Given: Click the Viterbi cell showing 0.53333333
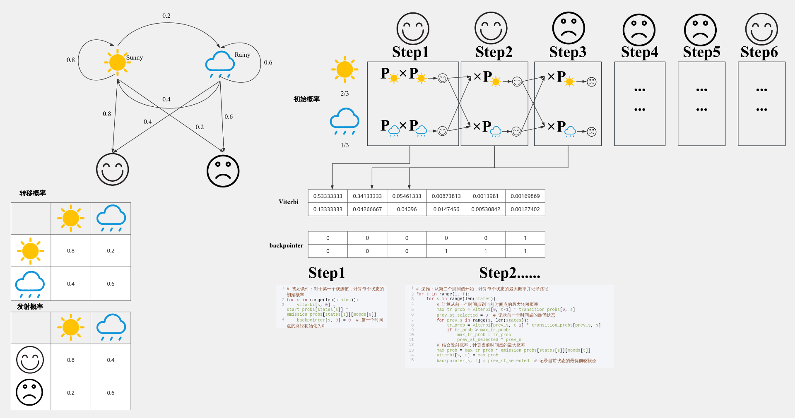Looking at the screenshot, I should pos(328,196).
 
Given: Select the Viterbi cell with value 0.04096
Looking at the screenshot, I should pos(407,209).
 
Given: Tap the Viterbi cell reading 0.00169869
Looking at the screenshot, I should pos(525,196).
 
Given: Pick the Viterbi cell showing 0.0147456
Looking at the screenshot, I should pos(446,209).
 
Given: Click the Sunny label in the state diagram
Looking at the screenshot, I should pos(134,58).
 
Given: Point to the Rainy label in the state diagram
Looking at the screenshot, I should pos(242,55).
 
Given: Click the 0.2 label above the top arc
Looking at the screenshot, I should pos(166,16).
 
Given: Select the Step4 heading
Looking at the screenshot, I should pos(639,52).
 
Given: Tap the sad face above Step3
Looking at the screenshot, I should pos(569,28).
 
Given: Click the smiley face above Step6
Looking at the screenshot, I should pos(761,29).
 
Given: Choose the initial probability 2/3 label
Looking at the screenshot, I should pos(344,94).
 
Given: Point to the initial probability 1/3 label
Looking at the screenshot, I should pos(344,145).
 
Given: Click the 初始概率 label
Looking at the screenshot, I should pos(306,99).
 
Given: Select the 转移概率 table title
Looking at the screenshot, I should pos(32,193).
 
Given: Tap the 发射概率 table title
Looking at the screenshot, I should pos(30,307).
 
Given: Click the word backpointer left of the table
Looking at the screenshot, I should pos(286,245).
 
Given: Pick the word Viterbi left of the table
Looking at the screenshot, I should pos(288,202).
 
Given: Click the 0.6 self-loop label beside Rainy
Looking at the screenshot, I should pos(268,62).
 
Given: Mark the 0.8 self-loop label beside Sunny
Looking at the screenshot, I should pos(71,60).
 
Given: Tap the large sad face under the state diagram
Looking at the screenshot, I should pos(223,171).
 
